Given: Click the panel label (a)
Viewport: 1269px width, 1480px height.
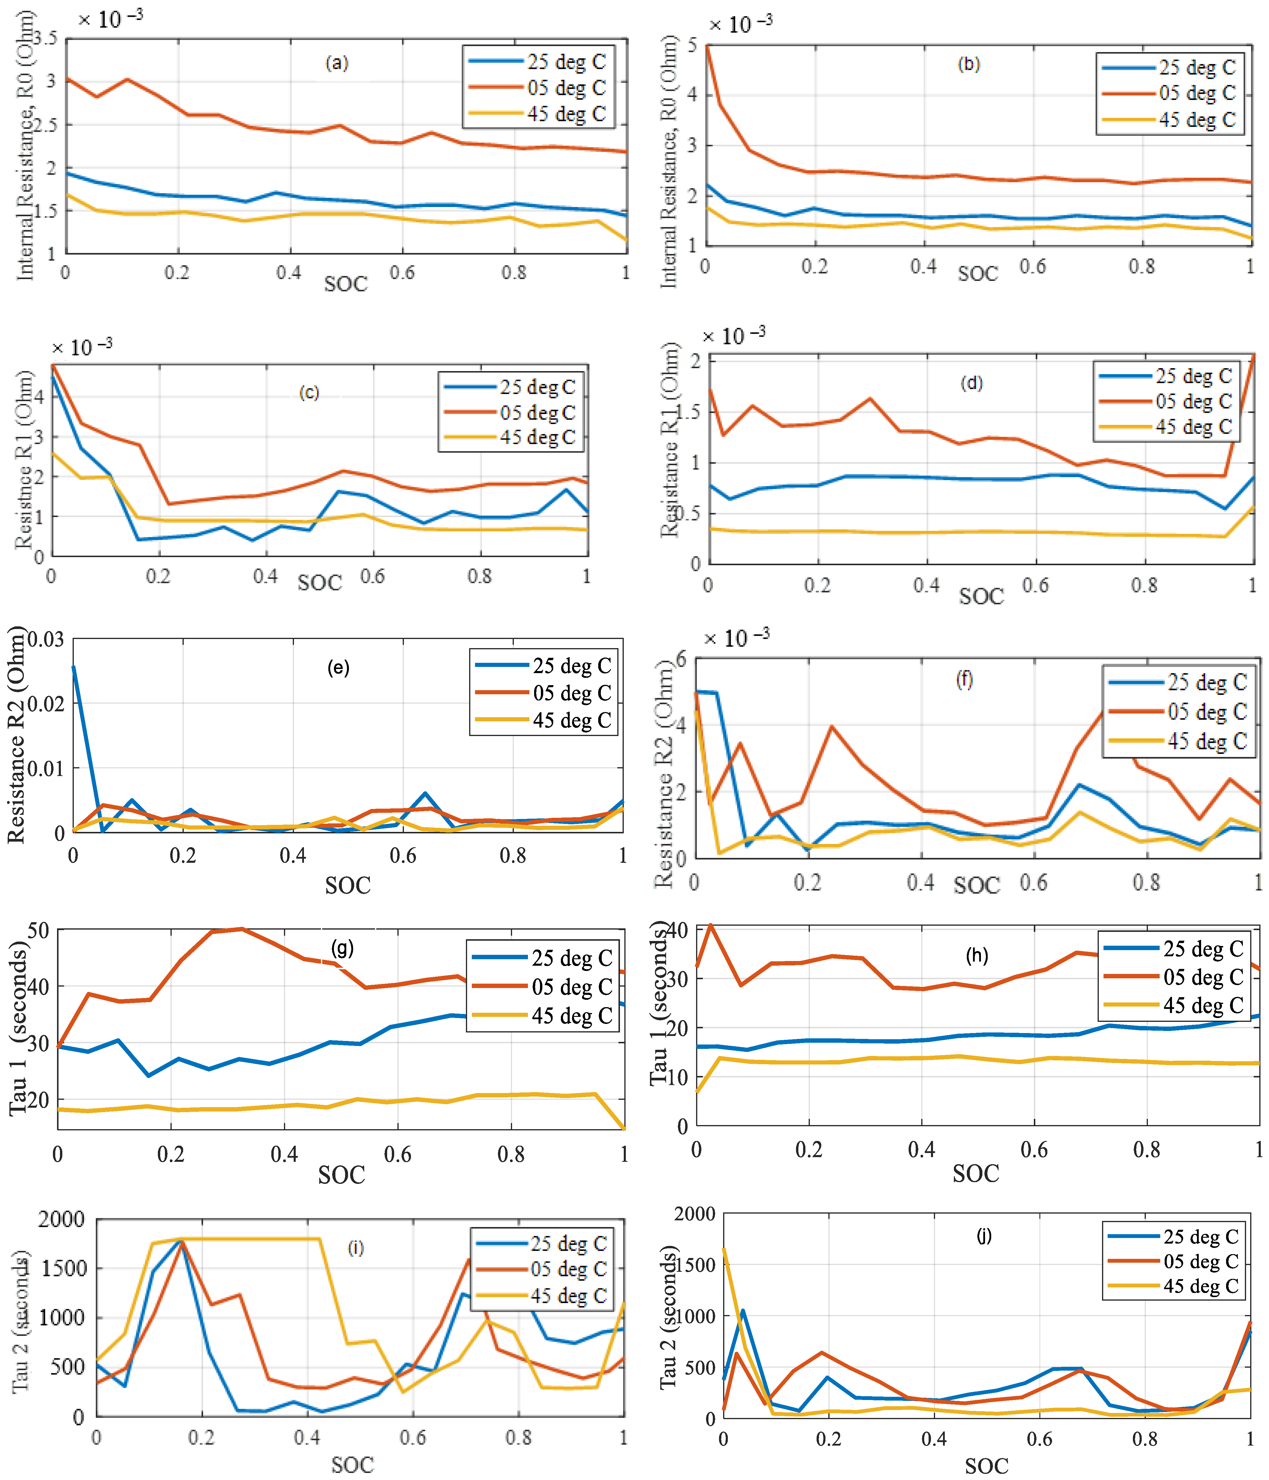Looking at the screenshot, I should (x=336, y=64).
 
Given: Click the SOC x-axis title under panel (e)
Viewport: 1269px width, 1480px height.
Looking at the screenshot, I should (x=348, y=886).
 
